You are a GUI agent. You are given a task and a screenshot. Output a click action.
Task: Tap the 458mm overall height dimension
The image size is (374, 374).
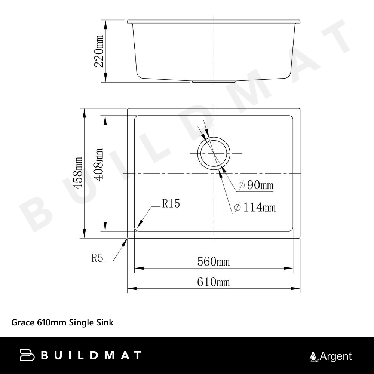pos(78,173)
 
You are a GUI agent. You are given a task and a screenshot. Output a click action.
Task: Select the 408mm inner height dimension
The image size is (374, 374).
pos(98,164)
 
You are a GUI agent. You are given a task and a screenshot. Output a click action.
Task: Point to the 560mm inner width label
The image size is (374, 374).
pos(214,262)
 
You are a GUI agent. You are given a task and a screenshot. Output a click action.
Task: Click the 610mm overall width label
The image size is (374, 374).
pos(214,282)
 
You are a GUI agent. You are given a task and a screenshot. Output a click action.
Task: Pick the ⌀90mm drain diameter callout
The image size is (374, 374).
pos(256,185)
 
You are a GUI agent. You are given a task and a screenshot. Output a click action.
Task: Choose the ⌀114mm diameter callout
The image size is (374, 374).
pos(255,207)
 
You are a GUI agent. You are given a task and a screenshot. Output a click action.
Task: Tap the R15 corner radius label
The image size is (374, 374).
pos(171,204)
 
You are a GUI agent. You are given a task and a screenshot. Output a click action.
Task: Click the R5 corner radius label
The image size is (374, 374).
pos(97,258)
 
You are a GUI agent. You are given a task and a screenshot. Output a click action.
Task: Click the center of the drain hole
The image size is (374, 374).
pos(214,153)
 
